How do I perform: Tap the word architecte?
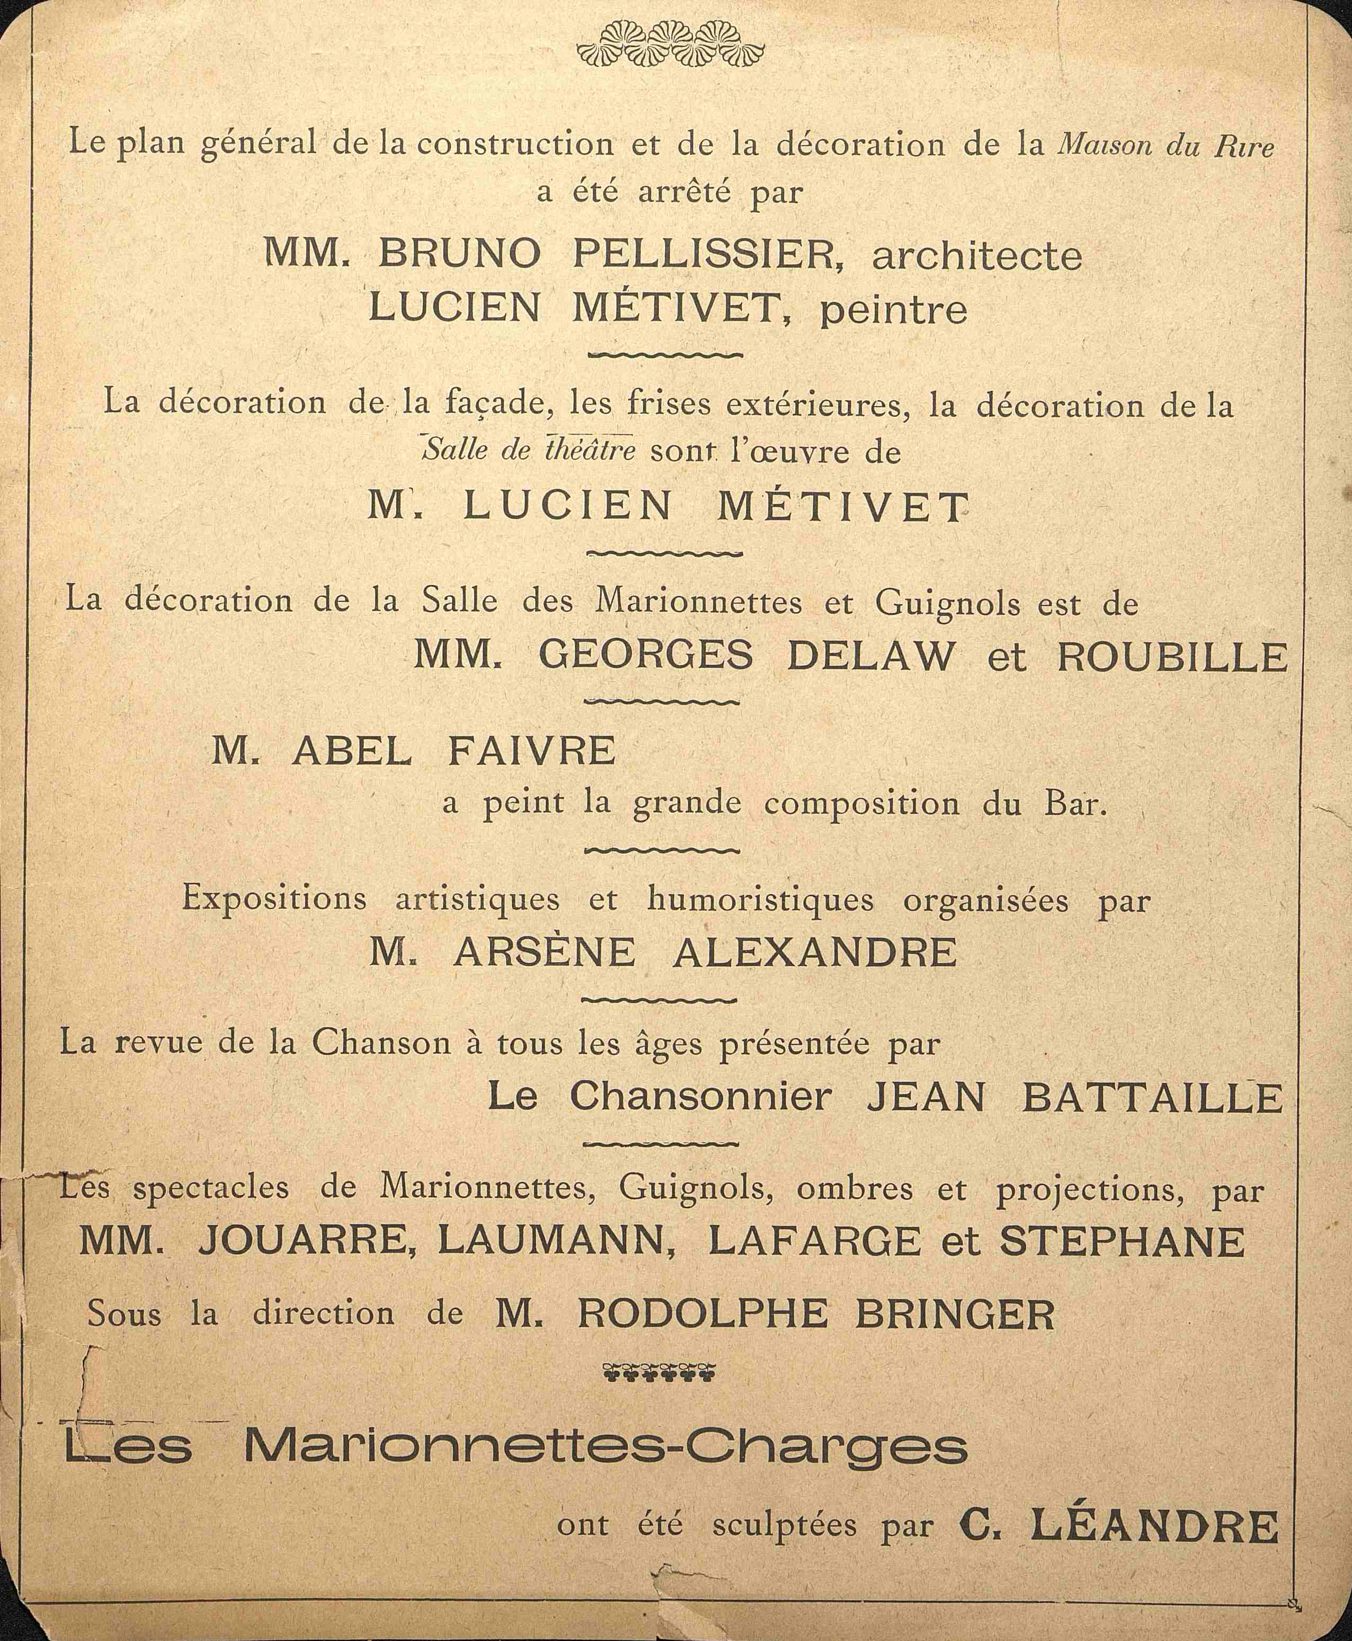pyautogui.click(x=976, y=257)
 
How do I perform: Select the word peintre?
pyautogui.click(x=894, y=310)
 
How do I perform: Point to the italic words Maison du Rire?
pyautogui.click(x=1165, y=146)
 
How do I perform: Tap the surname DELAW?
pyautogui.click(x=870, y=656)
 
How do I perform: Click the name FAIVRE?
pyautogui.click(x=532, y=751)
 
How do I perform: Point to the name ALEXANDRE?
pyautogui.click(x=815, y=951)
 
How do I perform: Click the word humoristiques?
pyautogui.click(x=760, y=900)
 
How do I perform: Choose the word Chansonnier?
pyautogui.click(x=701, y=1098)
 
